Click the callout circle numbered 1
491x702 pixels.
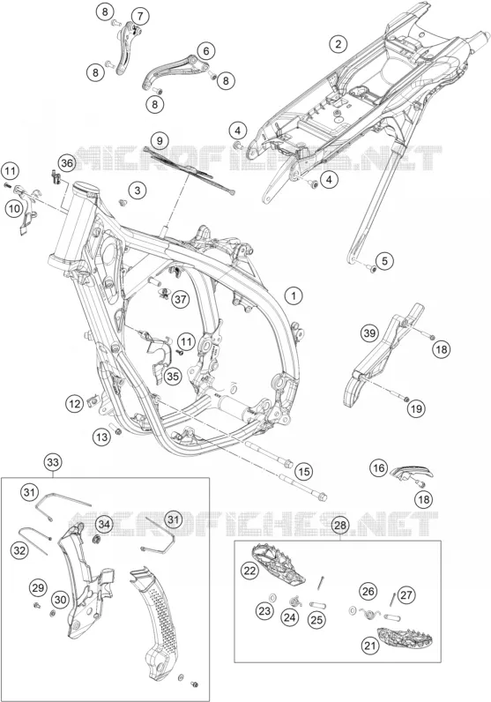[294, 295]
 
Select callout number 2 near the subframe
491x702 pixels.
[338, 44]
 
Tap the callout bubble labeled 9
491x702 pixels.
[160, 140]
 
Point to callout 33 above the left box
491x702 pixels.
[53, 461]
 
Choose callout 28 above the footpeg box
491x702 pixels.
[340, 526]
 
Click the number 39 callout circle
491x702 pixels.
[369, 333]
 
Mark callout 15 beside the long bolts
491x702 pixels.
[304, 472]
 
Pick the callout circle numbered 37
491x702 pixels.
[181, 299]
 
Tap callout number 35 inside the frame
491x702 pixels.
[173, 377]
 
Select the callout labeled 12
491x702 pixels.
[75, 404]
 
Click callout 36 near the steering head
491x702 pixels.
[67, 163]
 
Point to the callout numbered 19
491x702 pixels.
[416, 408]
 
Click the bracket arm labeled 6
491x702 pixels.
[171, 71]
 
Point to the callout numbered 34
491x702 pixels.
[104, 524]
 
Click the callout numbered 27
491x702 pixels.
[406, 595]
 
